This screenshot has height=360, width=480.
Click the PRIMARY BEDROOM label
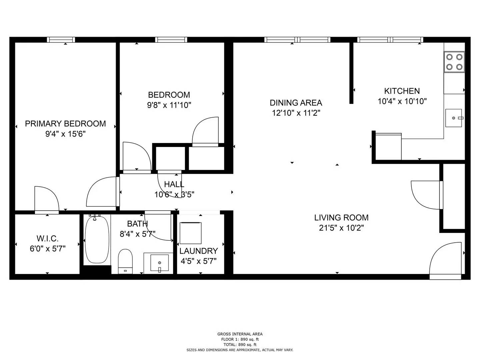(x=65, y=124)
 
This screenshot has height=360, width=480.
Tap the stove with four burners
(x=455, y=62)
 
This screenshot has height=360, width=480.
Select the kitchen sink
(x=454, y=118)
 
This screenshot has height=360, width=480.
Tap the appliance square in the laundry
(x=190, y=233)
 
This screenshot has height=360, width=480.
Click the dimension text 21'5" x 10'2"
(x=341, y=228)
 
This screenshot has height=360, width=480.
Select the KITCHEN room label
(x=402, y=91)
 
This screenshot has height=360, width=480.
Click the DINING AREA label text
(x=296, y=103)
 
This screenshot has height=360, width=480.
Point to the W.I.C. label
(x=47, y=239)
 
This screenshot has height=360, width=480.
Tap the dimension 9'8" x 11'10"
(x=169, y=105)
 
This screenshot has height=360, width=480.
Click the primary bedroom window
(x=61, y=40)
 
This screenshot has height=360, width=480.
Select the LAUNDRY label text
(x=198, y=251)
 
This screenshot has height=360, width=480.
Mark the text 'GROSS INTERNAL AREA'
(x=240, y=334)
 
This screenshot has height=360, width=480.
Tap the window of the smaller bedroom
(x=171, y=40)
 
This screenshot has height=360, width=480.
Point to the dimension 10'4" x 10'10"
(x=402, y=101)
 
